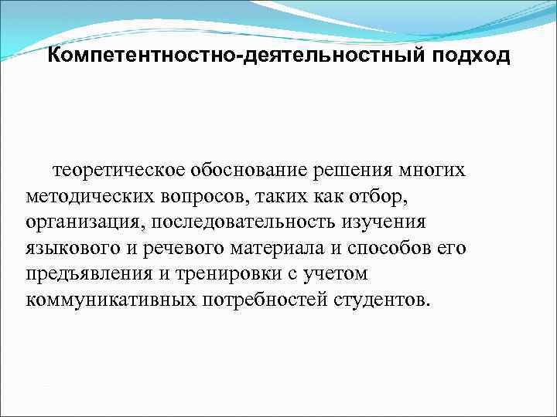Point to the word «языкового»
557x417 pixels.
(x=69, y=248)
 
